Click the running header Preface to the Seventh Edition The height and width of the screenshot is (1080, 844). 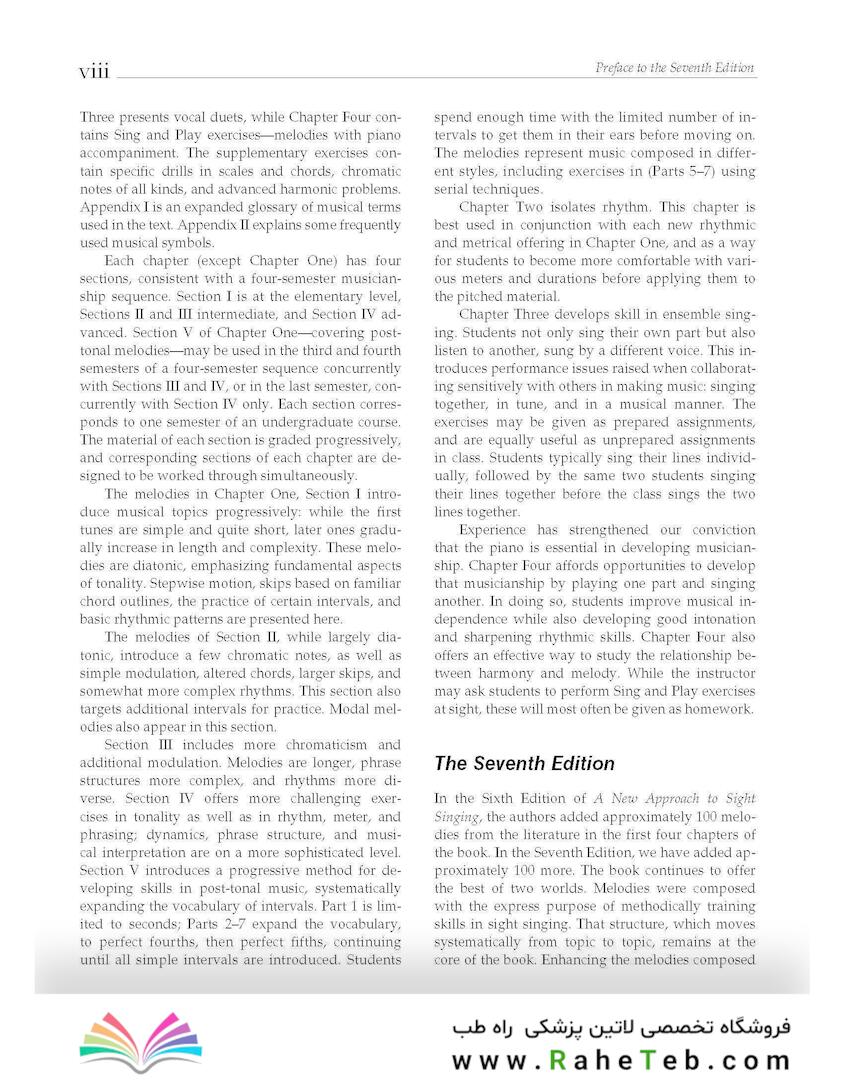(x=675, y=68)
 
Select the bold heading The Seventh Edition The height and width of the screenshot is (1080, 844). (x=524, y=764)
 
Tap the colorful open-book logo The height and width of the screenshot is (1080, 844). (x=140, y=1043)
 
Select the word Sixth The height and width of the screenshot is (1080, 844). (x=509, y=799)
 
